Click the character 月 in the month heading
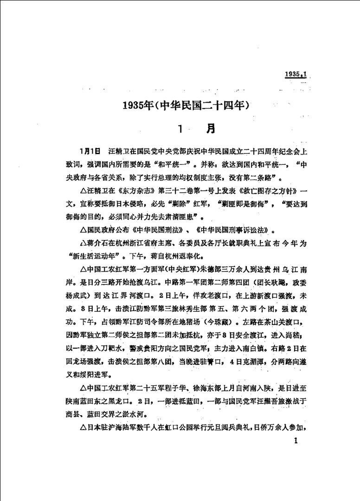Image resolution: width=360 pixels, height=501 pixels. click(210, 128)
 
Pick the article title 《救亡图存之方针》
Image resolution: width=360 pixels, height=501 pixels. click(263, 190)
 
